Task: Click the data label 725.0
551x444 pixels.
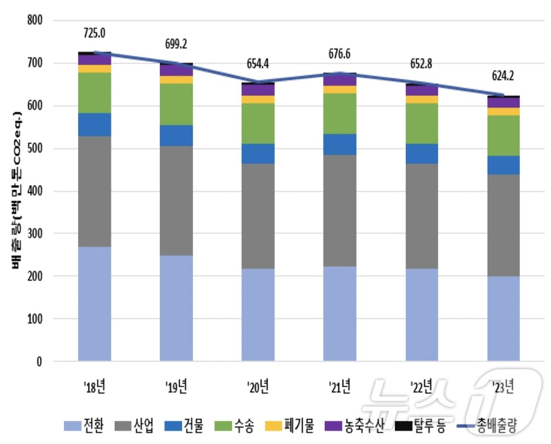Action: pos(94,33)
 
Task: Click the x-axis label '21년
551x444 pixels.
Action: pos(340,387)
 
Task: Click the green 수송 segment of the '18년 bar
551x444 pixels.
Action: pos(94,92)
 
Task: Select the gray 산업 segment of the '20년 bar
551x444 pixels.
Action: pos(258,216)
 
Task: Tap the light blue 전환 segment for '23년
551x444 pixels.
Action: pos(504,318)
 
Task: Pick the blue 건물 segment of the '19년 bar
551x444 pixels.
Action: pos(176,135)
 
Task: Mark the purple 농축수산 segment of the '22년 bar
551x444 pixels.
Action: pos(422,91)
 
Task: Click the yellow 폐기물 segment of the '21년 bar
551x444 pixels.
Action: pos(340,90)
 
